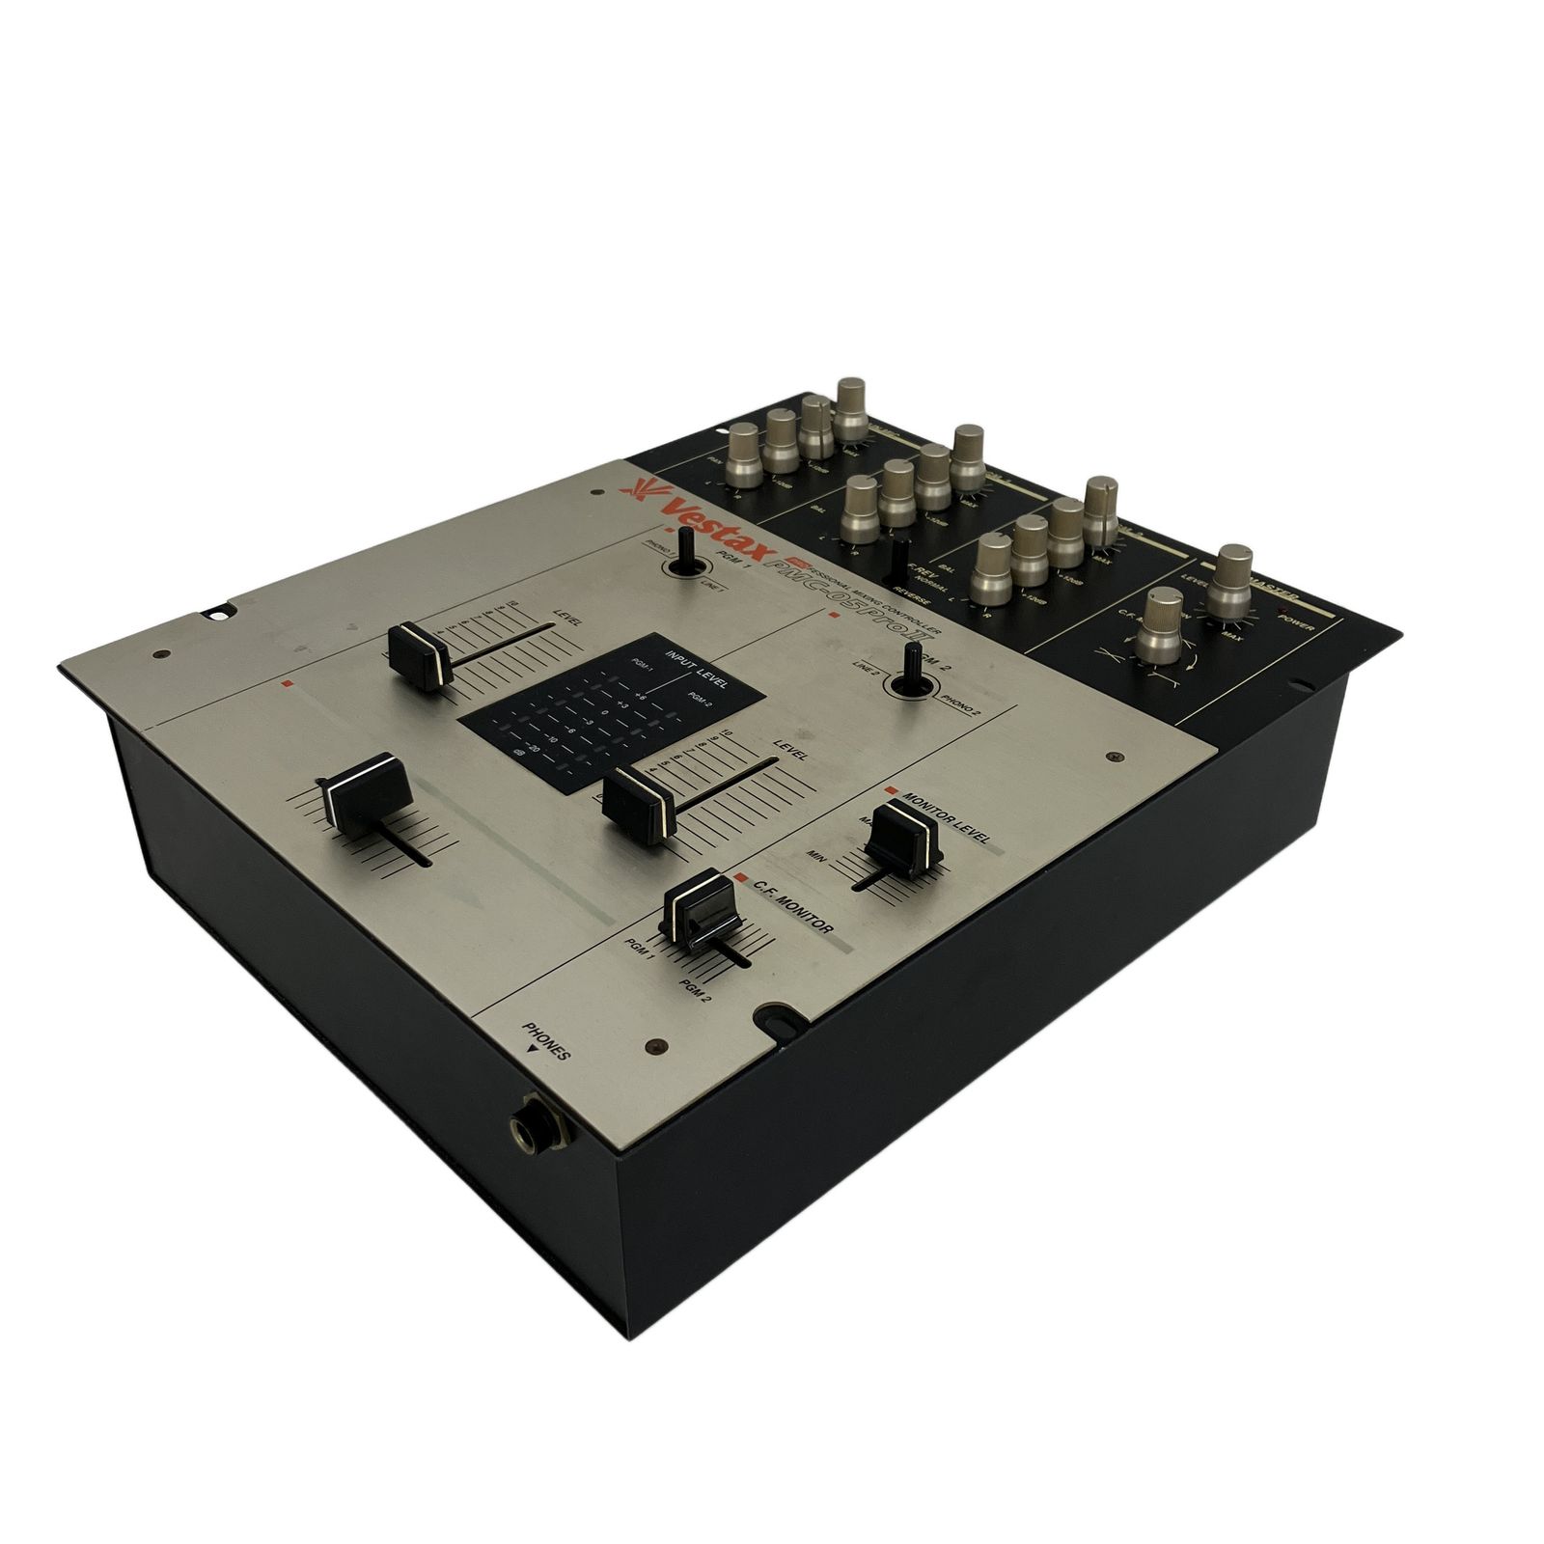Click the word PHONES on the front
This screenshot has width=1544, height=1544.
point(547,1041)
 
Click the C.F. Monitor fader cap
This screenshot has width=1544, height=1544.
point(703,905)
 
